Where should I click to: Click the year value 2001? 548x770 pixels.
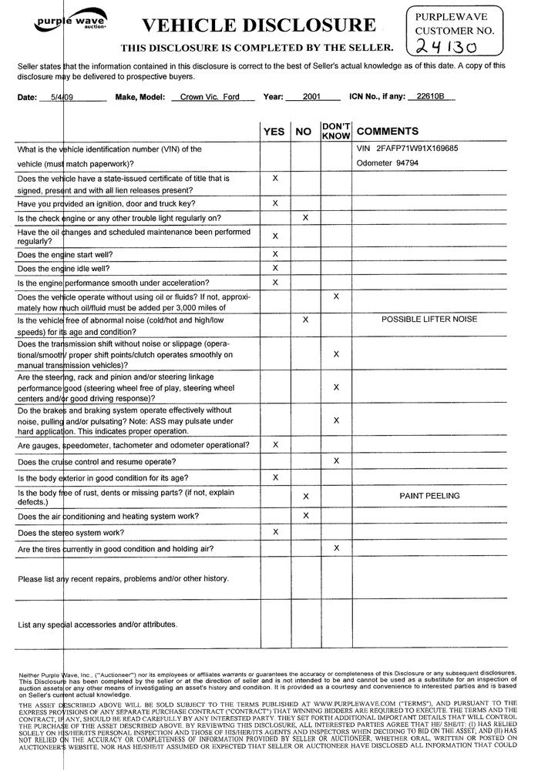pyautogui.click(x=311, y=98)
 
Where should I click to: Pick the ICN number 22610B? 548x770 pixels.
pyautogui.click(x=430, y=97)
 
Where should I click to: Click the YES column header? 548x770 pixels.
pyautogui.click(x=274, y=132)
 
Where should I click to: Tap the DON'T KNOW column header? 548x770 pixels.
pyautogui.click(x=336, y=130)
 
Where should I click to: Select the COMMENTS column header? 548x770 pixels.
pyautogui.click(x=388, y=132)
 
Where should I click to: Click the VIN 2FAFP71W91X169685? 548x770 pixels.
pyautogui.click(x=407, y=148)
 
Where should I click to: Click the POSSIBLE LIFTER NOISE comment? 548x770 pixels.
pyautogui.click(x=429, y=319)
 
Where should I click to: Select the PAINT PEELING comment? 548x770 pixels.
pyautogui.click(x=429, y=496)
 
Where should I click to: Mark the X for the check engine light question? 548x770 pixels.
pyautogui.click(x=305, y=218)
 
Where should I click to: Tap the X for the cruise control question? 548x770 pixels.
pyautogui.click(x=336, y=460)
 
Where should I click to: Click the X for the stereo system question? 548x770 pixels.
pyautogui.click(x=275, y=531)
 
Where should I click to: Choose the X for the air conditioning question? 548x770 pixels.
pyautogui.click(x=305, y=515)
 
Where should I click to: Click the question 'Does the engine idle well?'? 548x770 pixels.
pyautogui.click(x=63, y=268)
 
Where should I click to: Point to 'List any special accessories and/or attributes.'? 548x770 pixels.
pyautogui.click(x=98, y=624)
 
